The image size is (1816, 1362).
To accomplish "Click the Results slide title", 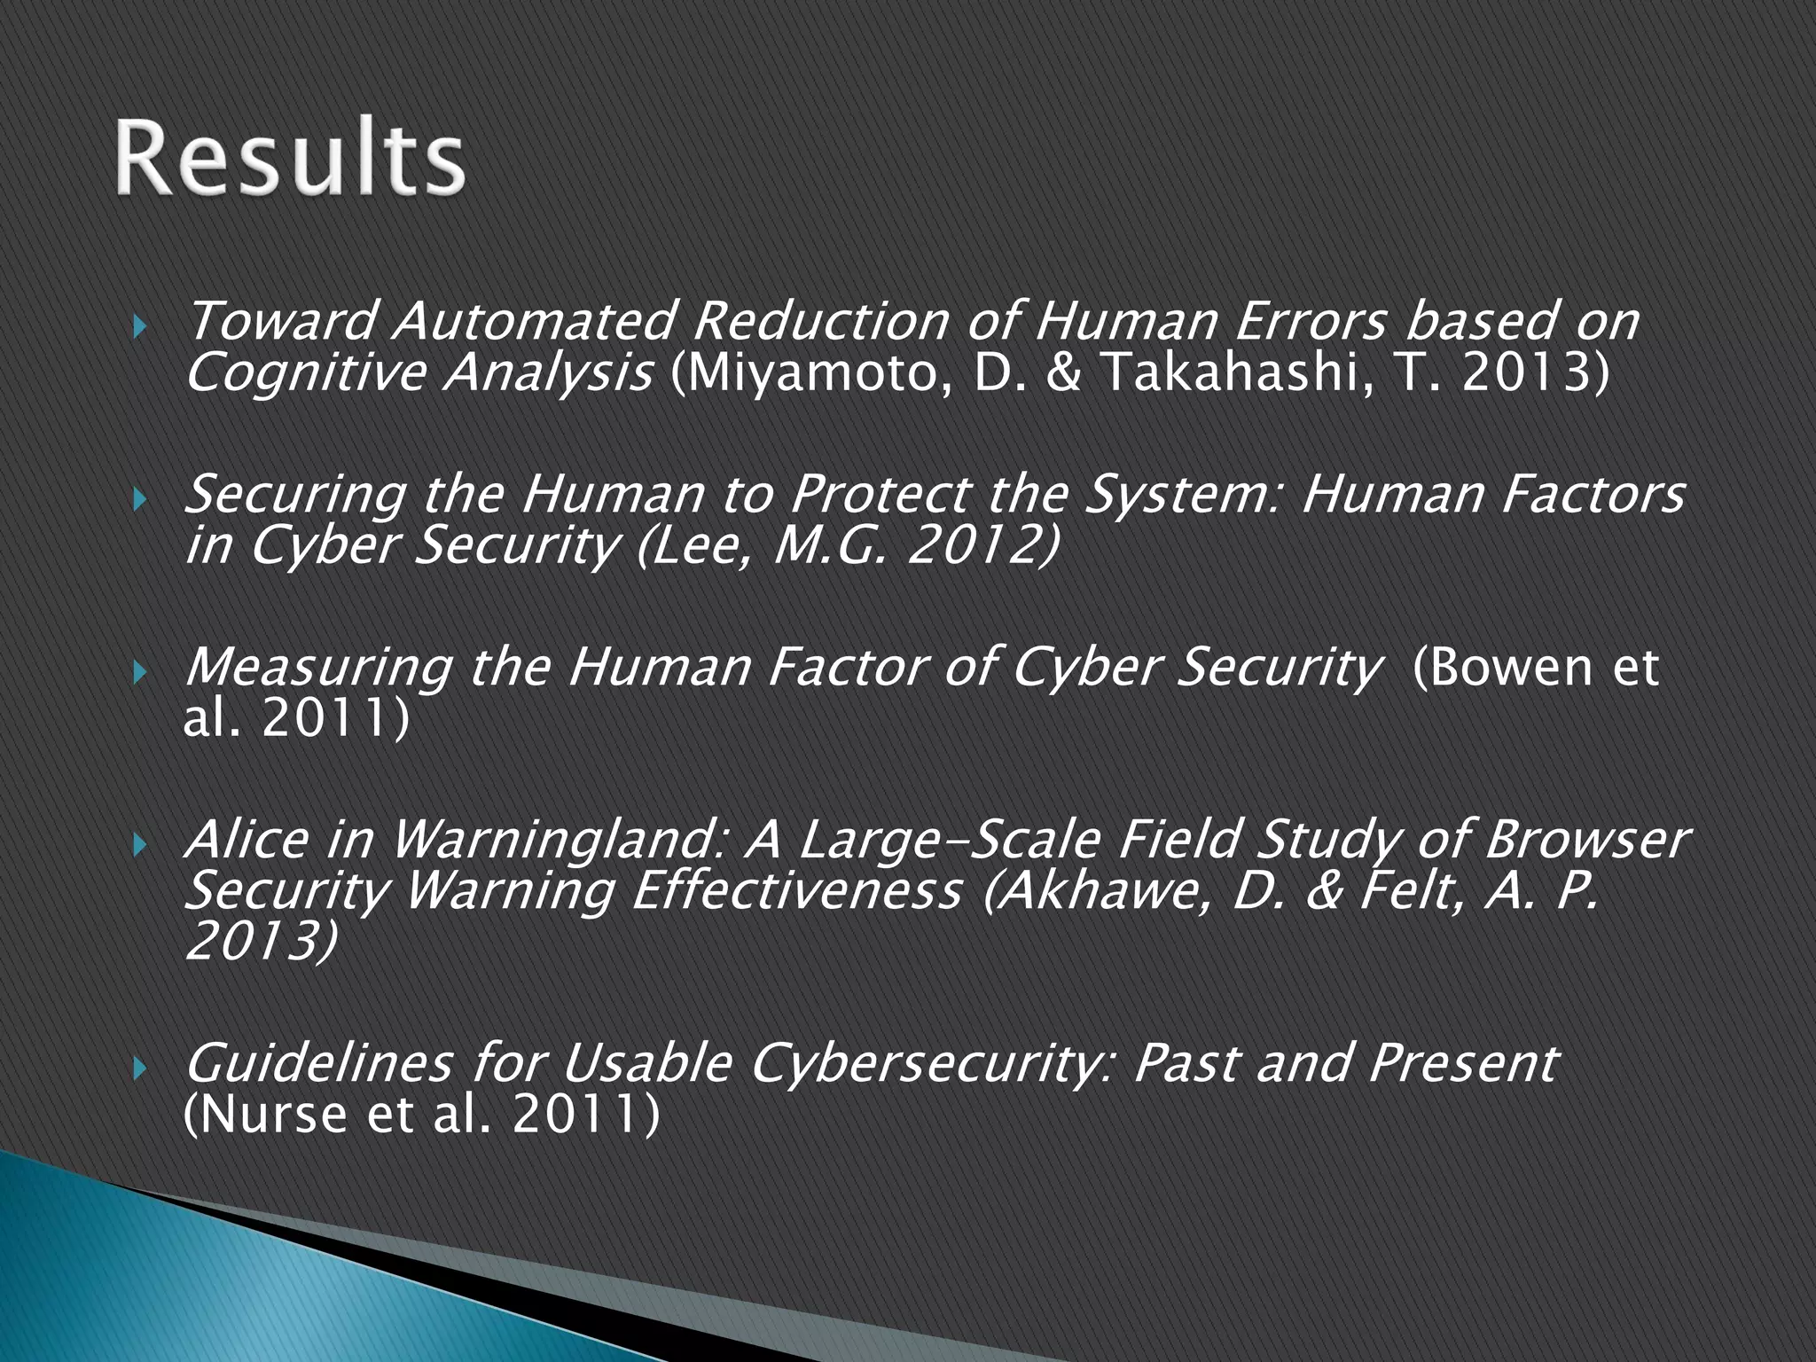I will (289, 160).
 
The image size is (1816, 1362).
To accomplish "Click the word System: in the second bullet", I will (1180, 495).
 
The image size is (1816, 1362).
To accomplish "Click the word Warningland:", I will (559, 841).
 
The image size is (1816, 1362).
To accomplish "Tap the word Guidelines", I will (319, 1062).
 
